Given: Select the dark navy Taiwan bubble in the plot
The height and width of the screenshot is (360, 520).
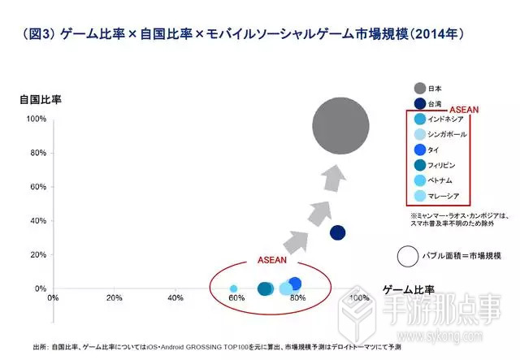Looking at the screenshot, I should [x=338, y=233].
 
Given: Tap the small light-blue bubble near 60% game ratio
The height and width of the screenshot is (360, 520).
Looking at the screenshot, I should [x=234, y=288].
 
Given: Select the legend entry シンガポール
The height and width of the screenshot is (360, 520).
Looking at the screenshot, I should [x=447, y=134].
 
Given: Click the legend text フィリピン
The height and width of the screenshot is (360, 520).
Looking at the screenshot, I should [x=444, y=165].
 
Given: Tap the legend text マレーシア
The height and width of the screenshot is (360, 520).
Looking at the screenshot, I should [x=444, y=196].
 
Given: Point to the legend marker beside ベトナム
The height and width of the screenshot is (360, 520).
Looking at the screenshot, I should [x=419, y=180].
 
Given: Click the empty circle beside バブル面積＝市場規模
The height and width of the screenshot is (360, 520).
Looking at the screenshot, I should [x=409, y=256].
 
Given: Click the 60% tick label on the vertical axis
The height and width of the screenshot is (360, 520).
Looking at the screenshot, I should [x=37, y=187].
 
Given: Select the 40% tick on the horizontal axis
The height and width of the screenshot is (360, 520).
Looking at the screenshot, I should [x=175, y=298].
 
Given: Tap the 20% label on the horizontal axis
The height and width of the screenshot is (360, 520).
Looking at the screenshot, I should [x=115, y=298].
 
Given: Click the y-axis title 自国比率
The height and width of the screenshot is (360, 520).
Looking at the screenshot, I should [x=41, y=100].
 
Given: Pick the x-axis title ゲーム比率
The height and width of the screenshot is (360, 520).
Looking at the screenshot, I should [x=409, y=289].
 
